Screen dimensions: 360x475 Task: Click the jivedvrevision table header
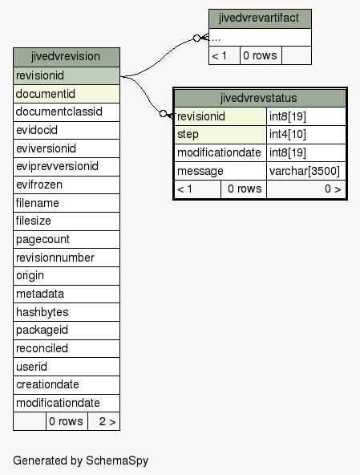(67, 57)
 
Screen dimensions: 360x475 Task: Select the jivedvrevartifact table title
(260, 18)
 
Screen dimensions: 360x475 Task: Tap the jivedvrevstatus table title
(260, 98)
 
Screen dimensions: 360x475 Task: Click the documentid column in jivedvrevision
(67, 94)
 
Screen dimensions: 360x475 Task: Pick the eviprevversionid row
(67, 166)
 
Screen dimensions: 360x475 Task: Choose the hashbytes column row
(67, 312)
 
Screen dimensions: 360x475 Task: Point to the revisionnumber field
(67, 258)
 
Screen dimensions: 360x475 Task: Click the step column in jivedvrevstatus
(220, 134)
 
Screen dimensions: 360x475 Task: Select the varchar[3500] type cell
(306, 171)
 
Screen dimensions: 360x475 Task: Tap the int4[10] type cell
(306, 134)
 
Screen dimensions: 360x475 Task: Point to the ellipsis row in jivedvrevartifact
(260, 38)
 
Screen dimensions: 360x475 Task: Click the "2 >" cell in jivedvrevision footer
(104, 421)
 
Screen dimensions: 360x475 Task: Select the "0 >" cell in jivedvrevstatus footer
(306, 189)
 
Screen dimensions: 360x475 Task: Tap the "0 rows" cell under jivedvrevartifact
(261, 55)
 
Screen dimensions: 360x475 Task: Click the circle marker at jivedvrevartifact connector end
(196, 39)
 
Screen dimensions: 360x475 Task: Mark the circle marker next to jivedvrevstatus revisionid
(164, 114)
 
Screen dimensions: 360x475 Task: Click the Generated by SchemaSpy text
(80, 461)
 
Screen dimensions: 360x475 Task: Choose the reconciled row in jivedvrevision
(67, 348)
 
